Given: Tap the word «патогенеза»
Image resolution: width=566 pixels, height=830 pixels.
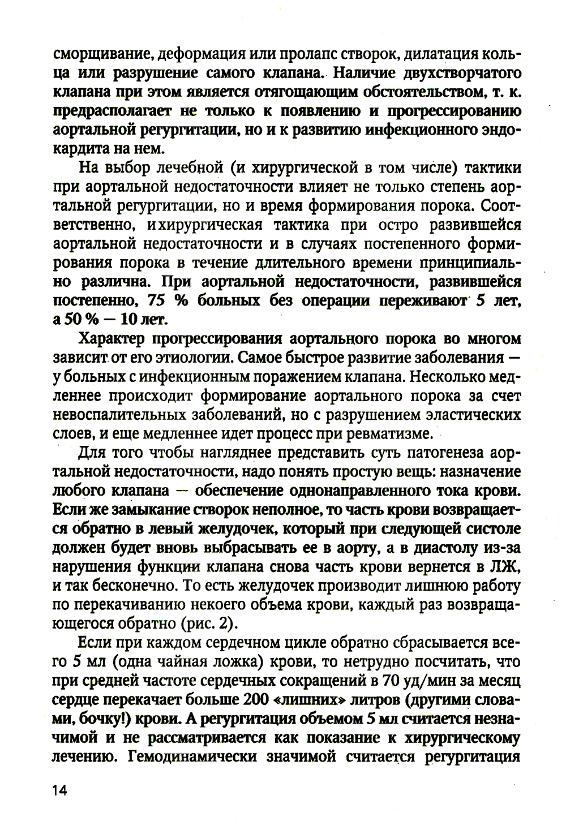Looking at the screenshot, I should click(438, 453).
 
